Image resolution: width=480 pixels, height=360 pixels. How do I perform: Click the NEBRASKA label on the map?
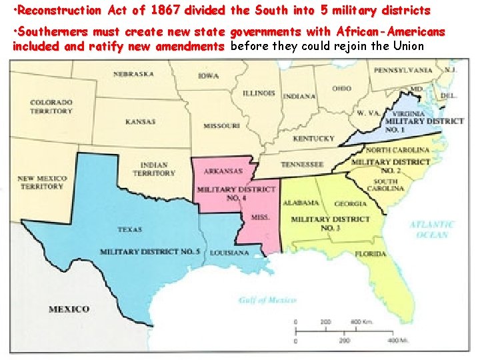[133, 75]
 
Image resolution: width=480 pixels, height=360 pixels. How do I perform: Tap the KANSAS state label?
[140, 122]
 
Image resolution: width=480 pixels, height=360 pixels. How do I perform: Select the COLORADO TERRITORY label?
[51, 107]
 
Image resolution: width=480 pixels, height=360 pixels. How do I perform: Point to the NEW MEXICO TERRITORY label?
[41, 183]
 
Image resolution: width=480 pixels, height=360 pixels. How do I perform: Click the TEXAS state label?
[129, 229]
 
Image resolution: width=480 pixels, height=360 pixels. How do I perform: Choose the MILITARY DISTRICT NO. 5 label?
[150, 252]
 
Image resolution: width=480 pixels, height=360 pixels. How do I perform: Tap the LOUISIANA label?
[229, 253]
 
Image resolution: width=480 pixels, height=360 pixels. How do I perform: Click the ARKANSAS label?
[223, 171]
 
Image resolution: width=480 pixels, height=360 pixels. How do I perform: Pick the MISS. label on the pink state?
[261, 217]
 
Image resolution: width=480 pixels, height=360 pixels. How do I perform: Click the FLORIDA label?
[370, 254]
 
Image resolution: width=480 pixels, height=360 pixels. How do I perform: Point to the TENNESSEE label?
[302, 165]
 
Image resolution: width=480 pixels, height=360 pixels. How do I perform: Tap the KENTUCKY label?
[313, 139]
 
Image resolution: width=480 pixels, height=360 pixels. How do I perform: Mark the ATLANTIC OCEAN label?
[431, 230]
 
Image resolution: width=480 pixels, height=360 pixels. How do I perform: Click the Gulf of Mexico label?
[267, 301]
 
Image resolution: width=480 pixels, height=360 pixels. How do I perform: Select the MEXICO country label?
[69, 309]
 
